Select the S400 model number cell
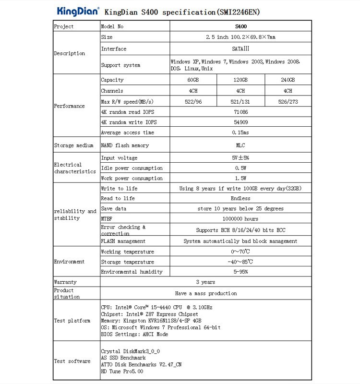tap(241, 27)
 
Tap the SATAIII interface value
tap(240, 49)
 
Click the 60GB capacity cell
tap(194, 80)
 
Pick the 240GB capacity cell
tap(288, 80)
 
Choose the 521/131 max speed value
tap(240, 101)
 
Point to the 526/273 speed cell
tap(288, 101)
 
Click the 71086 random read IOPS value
tap(240, 112)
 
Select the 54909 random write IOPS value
tap(240, 122)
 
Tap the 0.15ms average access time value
tap(240, 133)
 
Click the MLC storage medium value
tap(240, 145)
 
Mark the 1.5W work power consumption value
tap(240, 179)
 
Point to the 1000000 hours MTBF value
tap(240, 219)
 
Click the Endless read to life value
tap(240, 198)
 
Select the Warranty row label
tap(65, 282)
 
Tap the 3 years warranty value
tap(205, 282)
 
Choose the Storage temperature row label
tap(128, 262)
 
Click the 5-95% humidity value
tap(240, 272)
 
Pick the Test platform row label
tap(72, 321)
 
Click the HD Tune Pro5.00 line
tap(122, 372)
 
